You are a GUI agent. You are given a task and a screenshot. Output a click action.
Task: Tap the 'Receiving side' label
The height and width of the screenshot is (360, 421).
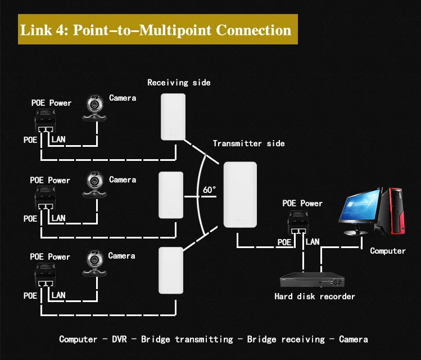point(179,83)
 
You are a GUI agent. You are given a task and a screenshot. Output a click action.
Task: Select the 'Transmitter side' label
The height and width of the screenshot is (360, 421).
point(248,143)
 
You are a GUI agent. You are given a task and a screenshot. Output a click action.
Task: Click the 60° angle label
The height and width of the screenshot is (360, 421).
point(209,190)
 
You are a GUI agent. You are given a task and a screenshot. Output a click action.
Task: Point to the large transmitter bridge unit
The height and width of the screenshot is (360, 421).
point(240,195)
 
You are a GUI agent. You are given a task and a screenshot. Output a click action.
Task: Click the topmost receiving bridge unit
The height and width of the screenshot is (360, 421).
point(173,117)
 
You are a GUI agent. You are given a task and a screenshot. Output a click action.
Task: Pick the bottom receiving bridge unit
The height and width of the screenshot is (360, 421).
point(171,270)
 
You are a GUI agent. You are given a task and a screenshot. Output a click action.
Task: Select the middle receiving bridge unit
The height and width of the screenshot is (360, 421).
point(171,195)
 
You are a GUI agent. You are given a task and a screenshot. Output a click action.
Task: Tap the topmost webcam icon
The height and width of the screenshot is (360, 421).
point(94,108)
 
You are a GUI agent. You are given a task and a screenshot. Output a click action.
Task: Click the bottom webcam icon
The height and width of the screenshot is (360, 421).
point(94,263)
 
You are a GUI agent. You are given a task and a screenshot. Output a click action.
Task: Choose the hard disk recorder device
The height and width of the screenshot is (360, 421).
point(312,280)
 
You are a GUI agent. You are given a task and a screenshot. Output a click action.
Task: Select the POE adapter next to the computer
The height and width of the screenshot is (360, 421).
point(298,223)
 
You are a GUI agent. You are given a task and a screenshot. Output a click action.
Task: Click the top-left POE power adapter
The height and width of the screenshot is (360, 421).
point(45,121)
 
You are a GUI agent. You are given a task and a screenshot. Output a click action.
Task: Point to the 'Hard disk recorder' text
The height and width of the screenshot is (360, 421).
point(315,296)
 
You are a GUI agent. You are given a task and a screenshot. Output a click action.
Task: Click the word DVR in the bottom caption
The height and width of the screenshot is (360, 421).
point(119,339)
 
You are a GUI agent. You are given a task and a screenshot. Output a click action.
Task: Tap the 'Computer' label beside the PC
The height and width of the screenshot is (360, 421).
point(388,251)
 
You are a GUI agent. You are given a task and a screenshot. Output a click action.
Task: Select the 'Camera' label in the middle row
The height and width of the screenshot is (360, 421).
point(123,179)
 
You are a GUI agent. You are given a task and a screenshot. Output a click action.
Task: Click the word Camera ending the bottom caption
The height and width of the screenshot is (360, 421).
point(354,339)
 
